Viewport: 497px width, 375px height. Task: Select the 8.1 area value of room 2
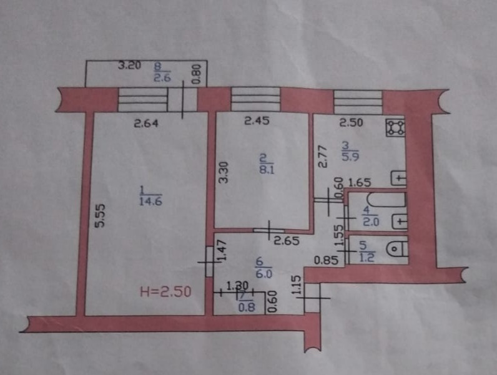pyautogui.click(x=263, y=167)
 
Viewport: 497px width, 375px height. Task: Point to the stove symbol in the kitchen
pyautogui.click(x=395, y=128)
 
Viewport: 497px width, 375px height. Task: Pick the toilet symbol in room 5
pyautogui.click(x=395, y=248)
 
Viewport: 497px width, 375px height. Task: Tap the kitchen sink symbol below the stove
pyautogui.click(x=398, y=179)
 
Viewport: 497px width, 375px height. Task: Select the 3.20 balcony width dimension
pyautogui.click(x=129, y=65)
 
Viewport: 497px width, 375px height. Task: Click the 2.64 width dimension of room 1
pyautogui.click(x=146, y=123)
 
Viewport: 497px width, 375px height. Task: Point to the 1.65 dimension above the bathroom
pyautogui.click(x=360, y=183)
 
